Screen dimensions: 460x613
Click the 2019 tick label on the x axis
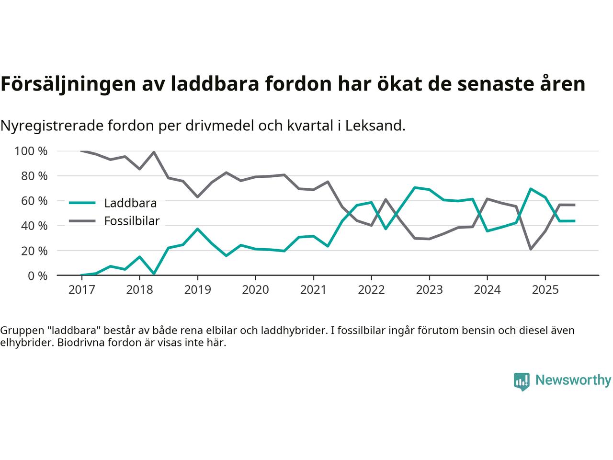(197, 290)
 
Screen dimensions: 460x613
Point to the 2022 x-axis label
(371, 290)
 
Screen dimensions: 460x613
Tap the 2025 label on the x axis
(545, 290)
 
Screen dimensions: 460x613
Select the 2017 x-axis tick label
(81, 290)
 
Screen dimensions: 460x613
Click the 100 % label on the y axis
(31, 151)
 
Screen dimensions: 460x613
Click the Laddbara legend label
(130, 203)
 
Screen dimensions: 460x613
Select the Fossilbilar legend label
(132, 221)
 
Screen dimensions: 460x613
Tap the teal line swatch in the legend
(82, 203)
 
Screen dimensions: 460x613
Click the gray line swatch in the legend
(82, 221)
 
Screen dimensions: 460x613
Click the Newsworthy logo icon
(522, 381)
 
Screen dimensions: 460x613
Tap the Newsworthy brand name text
(573, 380)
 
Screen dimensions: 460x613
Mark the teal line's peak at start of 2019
(197, 229)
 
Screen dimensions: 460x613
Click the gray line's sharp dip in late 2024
(531, 249)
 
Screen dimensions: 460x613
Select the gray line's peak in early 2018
(154, 152)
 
